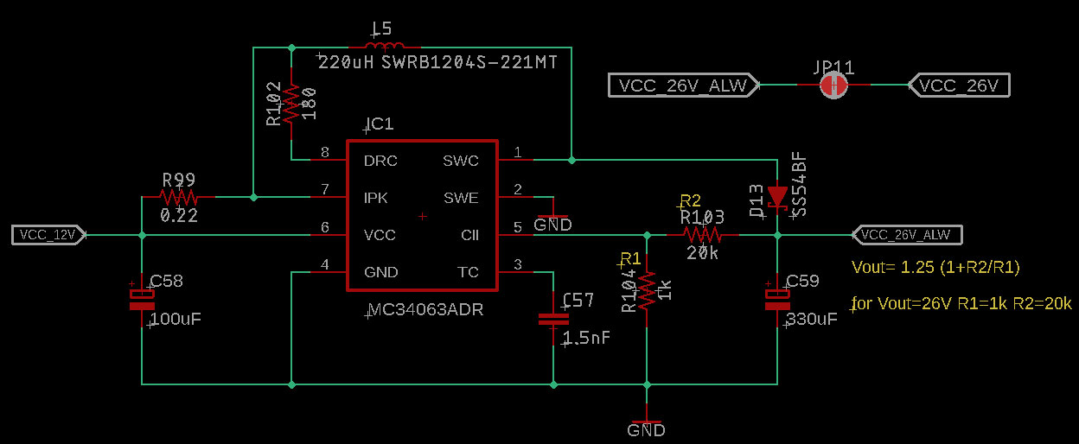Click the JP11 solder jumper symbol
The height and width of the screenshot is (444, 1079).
pos(833,85)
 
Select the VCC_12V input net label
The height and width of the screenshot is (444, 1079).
pos(48,234)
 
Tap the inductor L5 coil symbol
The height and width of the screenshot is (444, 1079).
pos(384,47)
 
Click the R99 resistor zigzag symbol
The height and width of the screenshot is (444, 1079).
pos(178,197)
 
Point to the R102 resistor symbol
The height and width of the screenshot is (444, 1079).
pos(291,102)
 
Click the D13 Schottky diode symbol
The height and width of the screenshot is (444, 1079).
pos(777,197)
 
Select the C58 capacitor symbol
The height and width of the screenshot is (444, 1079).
pos(141,299)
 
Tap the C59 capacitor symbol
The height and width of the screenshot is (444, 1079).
pos(777,299)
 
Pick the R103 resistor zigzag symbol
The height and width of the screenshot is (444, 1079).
pos(702,234)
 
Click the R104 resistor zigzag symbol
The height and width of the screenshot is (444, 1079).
pos(647,290)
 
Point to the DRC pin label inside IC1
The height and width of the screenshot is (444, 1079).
pos(380,161)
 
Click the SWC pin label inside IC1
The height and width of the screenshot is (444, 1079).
pos(460,161)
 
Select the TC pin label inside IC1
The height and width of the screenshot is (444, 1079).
pos(467,272)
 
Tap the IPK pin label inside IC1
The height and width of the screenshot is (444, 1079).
pos(376,198)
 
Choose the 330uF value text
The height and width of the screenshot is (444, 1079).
pos(812,320)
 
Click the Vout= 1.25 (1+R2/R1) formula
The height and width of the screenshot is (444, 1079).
pos(936,268)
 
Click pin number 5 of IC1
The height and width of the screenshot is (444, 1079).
pos(517,227)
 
